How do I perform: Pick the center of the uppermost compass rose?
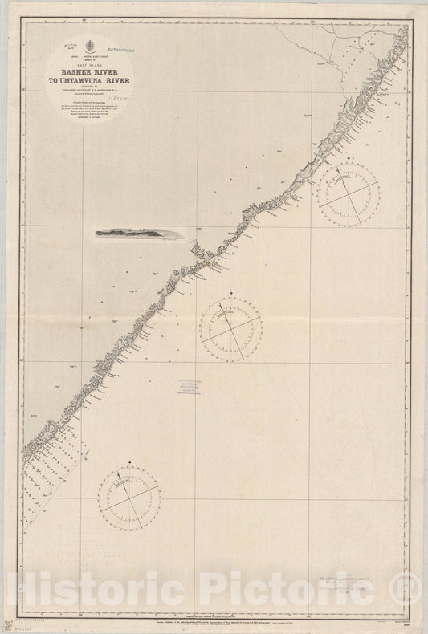(348, 190)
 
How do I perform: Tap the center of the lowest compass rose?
(129, 494)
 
